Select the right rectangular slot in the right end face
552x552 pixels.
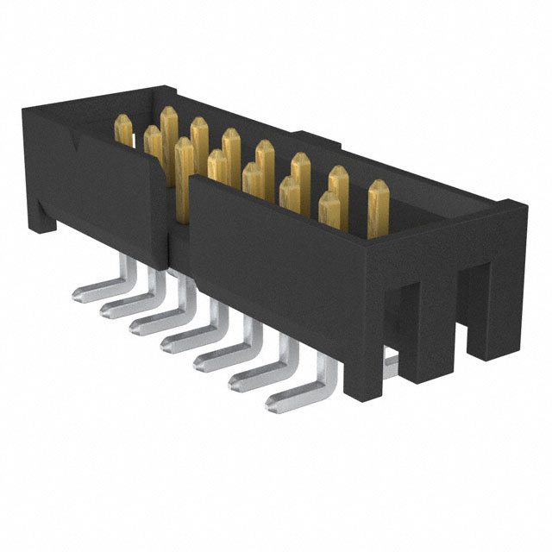(462, 302)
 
